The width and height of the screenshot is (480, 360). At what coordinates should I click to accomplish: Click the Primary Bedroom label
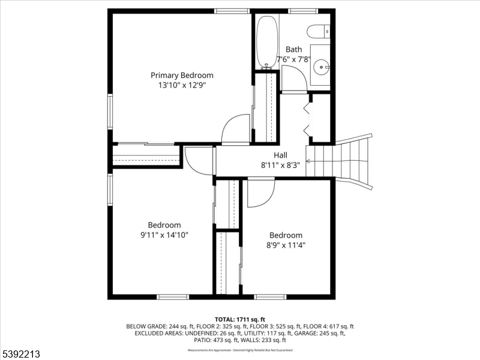(182, 75)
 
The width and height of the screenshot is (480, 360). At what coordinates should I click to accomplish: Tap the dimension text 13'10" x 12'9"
(182, 85)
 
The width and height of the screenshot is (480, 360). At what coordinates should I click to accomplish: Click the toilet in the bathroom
(317, 31)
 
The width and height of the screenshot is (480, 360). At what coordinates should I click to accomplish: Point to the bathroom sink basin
(322, 67)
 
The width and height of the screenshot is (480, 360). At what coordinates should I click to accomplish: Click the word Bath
(293, 49)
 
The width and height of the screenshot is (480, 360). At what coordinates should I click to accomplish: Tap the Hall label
(281, 155)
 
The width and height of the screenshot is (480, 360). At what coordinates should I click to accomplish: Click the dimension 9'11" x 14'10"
(164, 235)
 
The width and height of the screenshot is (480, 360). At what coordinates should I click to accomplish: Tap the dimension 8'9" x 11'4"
(286, 245)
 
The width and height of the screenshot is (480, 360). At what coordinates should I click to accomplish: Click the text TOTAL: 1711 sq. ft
(240, 319)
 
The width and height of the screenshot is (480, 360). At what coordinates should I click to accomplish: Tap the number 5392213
(20, 355)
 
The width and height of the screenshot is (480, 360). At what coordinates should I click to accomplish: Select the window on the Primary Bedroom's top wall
(232, 11)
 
